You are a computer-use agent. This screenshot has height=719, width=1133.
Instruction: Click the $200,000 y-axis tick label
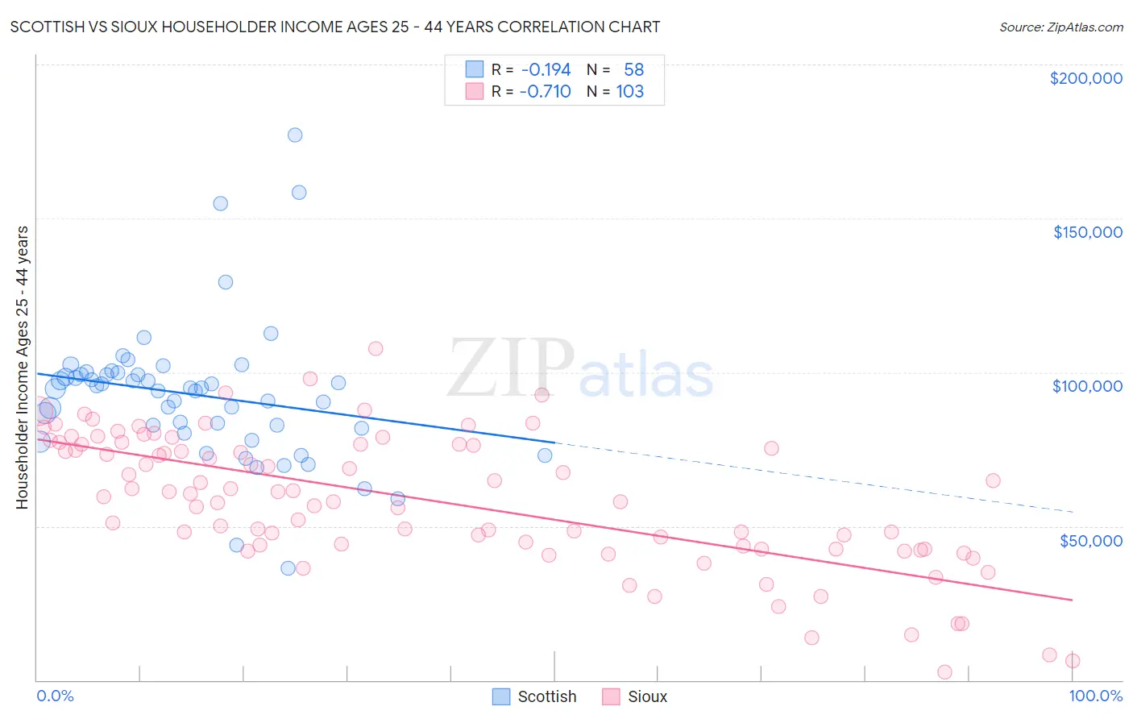[x=1085, y=78]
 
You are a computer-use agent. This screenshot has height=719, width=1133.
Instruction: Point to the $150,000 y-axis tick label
[x=1087, y=232]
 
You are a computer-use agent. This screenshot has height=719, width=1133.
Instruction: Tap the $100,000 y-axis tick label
[x=1087, y=386]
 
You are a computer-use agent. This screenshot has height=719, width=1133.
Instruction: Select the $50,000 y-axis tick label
[x=1090, y=540]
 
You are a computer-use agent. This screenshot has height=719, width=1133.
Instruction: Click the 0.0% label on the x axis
[x=55, y=696]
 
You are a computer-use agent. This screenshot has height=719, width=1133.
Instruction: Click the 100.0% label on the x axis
[x=1095, y=696]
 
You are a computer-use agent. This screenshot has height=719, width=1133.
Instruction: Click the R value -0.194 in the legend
[x=546, y=70]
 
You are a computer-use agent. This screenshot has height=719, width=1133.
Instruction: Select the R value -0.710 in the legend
[x=545, y=92]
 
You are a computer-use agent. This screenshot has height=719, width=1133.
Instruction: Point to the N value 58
[x=633, y=70]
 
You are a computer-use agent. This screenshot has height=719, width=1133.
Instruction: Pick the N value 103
[x=629, y=92]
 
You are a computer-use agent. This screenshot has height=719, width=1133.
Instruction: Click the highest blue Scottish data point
[x=295, y=135]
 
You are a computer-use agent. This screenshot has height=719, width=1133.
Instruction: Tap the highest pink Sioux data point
[x=376, y=348]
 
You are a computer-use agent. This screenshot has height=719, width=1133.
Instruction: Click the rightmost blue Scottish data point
[x=545, y=455]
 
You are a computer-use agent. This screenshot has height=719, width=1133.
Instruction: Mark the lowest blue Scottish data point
[x=288, y=568]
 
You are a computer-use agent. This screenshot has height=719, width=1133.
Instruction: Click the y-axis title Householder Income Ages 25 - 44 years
[x=22, y=368]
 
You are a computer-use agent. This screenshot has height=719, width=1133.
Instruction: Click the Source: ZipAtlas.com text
[x=1060, y=27]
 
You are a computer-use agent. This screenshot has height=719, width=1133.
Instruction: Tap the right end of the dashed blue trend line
[x=1073, y=512]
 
